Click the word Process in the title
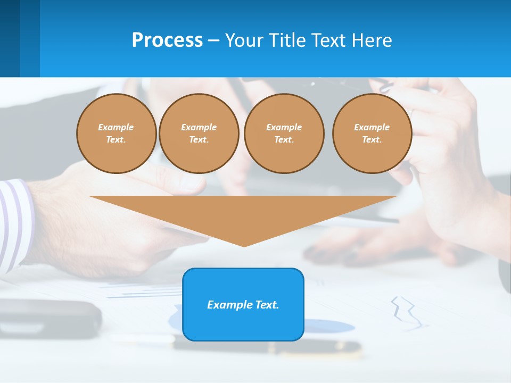point(167,40)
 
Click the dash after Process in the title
point(214,41)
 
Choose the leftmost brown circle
point(117,134)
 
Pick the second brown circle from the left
point(199,134)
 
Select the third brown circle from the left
point(284,134)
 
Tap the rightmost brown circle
point(372,134)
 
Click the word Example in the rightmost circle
point(372,127)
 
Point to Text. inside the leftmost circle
point(116,140)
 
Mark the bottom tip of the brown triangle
point(244,246)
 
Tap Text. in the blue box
point(267,305)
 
